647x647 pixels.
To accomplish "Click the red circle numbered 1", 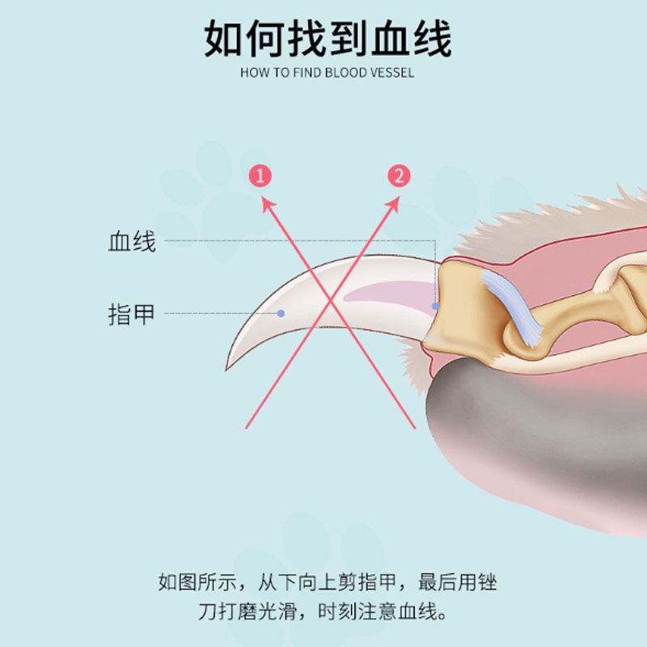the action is pos(260,175).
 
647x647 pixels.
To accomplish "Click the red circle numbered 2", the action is pos(399,175).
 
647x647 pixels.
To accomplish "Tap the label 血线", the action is pos(132,241).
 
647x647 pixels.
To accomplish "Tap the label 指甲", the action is pos(132,314).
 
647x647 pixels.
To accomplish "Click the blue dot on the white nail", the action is pos(281,313).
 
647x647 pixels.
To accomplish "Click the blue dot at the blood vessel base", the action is pos(436,307).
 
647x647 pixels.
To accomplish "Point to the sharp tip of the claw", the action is pos(229,368).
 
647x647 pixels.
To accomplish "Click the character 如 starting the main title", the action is pos(222,39).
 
